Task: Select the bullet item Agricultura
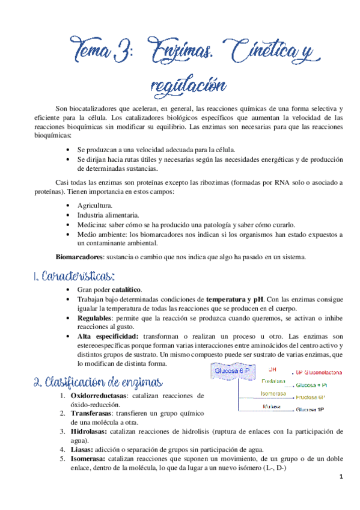pos(95,204)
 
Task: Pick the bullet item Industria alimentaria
pos(108,215)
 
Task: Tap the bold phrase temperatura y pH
pos(234,299)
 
